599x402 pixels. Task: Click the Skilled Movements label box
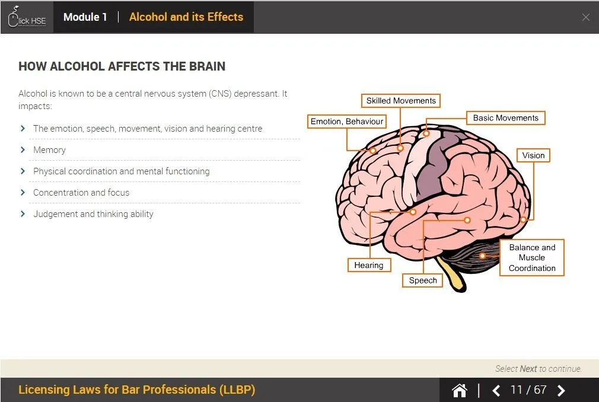pyautogui.click(x=401, y=101)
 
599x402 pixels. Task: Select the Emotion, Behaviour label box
pyautogui.click(x=347, y=122)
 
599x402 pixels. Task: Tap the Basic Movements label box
pyautogui.click(x=505, y=118)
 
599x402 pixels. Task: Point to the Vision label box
pyautogui.click(x=533, y=155)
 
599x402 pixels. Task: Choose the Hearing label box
pyautogui.click(x=369, y=265)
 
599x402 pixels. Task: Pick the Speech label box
pyautogui.click(x=423, y=280)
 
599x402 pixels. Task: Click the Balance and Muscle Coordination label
pyautogui.click(x=532, y=257)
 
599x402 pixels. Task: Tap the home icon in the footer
pyautogui.click(x=460, y=390)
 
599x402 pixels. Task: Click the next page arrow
pyautogui.click(x=561, y=390)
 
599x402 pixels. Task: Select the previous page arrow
pyautogui.click(x=496, y=390)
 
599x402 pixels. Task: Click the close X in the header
pyautogui.click(x=586, y=17)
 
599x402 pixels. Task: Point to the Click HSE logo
pyautogui.click(x=27, y=18)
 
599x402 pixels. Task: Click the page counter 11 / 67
pyautogui.click(x=528, y=390)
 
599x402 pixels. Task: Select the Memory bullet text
pyautogui.click(x=49, y=150)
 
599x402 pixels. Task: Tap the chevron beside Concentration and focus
pyautogui.click(x=23, y=193)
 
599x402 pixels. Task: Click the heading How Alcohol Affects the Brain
pyautogui.click(x=122, y=66)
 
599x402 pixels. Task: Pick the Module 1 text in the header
pyautogui.click(x=85, y=17)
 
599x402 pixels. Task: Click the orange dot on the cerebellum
pyautogui.click(x=483, y=256)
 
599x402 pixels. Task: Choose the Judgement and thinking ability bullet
pyautogui.click(x=93, y=214)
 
